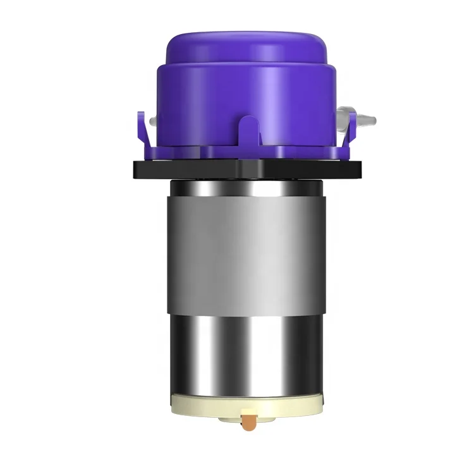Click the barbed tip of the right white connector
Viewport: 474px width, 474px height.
click(x=372, y=118)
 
